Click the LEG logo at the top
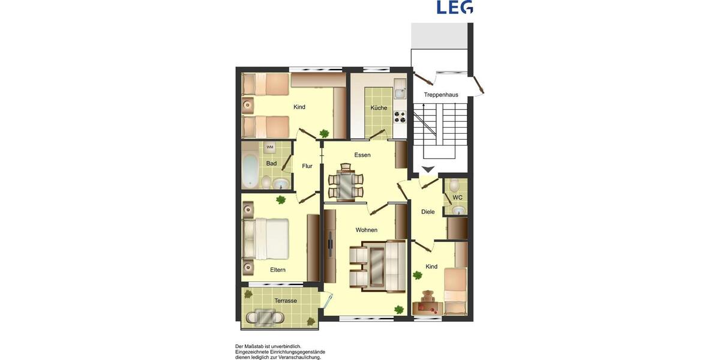[454, 7]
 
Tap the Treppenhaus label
[440, 95]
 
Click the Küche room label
[379, 108]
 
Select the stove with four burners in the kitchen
[400, 116]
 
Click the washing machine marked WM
[270, 147]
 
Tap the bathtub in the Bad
[250, 172]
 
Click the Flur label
[307, 166]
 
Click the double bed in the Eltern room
[266, 239]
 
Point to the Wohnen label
[366, 230]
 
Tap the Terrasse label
[286, 301]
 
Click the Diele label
[428, 212]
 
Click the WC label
[457, 197]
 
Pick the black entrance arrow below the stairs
[428, 170]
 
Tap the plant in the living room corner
[399, 310]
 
